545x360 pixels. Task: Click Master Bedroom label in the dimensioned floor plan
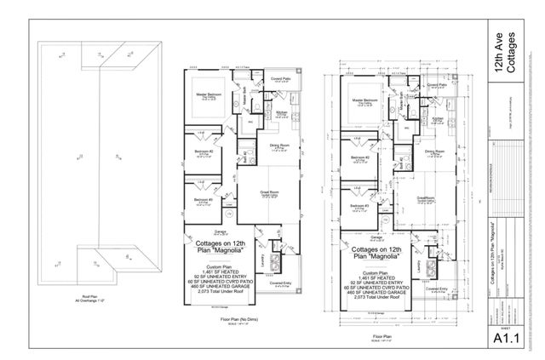(364, 101)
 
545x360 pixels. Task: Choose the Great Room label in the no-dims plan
(270, 195)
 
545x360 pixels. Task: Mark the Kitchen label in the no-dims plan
(280, 111)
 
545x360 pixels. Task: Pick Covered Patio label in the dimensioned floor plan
(437, 85)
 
